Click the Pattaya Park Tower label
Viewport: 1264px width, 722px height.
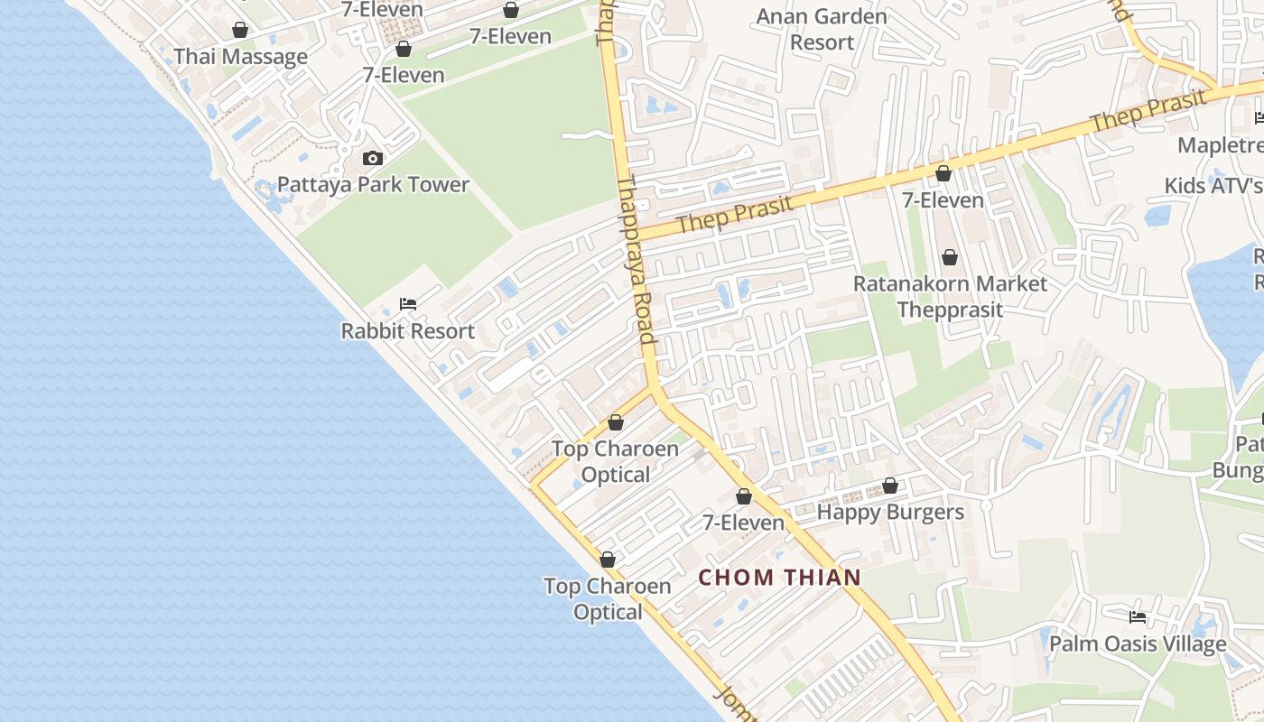(x=373, y=184)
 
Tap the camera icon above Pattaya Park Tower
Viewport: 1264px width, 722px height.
(x=372, y=159)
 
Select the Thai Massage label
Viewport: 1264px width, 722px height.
(x=240, y=57)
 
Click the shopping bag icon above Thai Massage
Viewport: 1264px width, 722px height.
(x=239, y=30)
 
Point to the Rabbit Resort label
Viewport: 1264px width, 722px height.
(x=407, y=331)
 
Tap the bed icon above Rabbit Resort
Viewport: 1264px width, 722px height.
(x=408, y=304)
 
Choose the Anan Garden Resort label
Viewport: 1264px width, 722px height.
(x=821, y=29)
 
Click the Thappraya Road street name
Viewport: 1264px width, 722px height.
(x=636, y=262)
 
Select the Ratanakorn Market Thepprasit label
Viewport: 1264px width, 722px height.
(x=950, y=296)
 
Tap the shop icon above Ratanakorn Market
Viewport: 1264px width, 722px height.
(x=950, y=257)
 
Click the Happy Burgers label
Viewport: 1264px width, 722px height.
(x=890, y=513)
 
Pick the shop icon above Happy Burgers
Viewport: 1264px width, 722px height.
(x=889, y=486)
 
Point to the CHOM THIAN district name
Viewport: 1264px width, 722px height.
(x=779, y=578)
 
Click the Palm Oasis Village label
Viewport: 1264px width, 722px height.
(x=1138, y=644)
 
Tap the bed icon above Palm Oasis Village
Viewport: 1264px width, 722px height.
(x=1138, y=617)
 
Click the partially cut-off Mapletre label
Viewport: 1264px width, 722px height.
(x=1220, y=145)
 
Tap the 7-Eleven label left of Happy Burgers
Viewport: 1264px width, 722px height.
(x=743, y=523)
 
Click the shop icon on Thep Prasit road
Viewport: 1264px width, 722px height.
(x=943, y=173)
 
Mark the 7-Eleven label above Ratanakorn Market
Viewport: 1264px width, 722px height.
(x=943, y=200)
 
